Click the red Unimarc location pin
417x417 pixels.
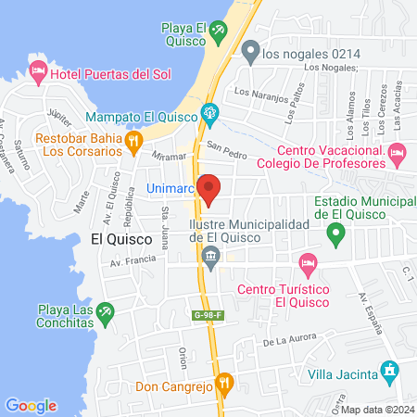209,189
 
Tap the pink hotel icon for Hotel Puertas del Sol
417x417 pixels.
38,70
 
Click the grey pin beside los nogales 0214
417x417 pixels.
248,52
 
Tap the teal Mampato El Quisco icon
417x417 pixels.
210,117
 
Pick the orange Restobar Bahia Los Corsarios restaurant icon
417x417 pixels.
135,142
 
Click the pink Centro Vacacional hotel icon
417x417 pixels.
398,151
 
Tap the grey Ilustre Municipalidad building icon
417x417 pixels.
212,256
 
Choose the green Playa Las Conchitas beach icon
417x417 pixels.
107,310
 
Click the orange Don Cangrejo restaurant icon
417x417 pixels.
223,381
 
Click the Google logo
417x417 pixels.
31,405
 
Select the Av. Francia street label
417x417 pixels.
130,262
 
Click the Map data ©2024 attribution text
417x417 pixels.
377,410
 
